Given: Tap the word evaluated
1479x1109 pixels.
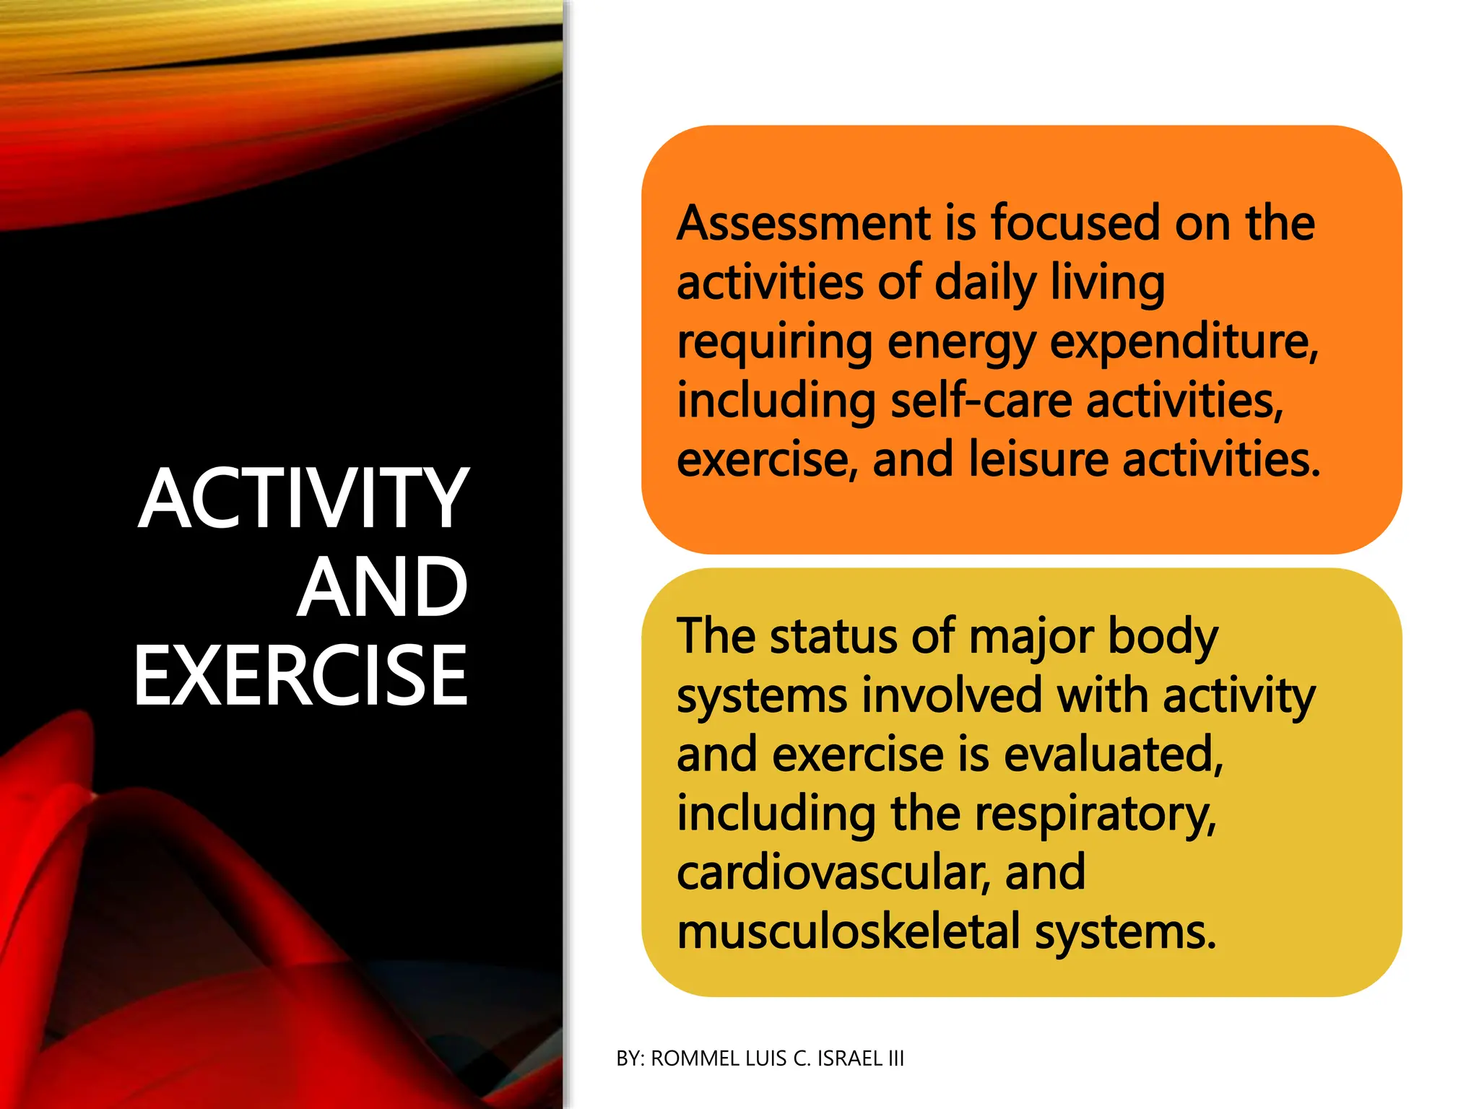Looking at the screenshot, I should (1113, 755).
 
